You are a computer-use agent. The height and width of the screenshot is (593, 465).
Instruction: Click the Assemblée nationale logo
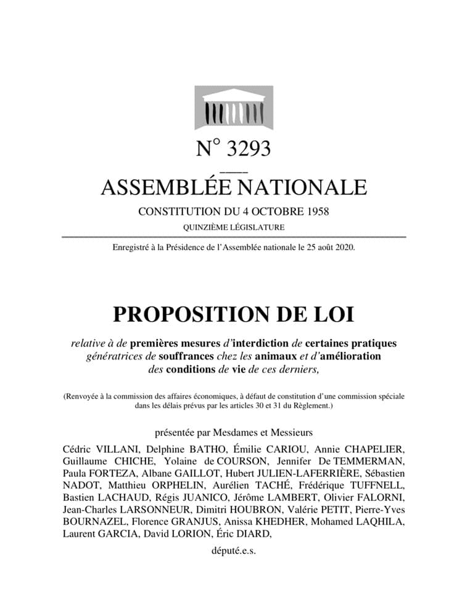[233, 108]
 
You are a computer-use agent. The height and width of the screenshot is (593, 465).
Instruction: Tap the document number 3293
[249, 149]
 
